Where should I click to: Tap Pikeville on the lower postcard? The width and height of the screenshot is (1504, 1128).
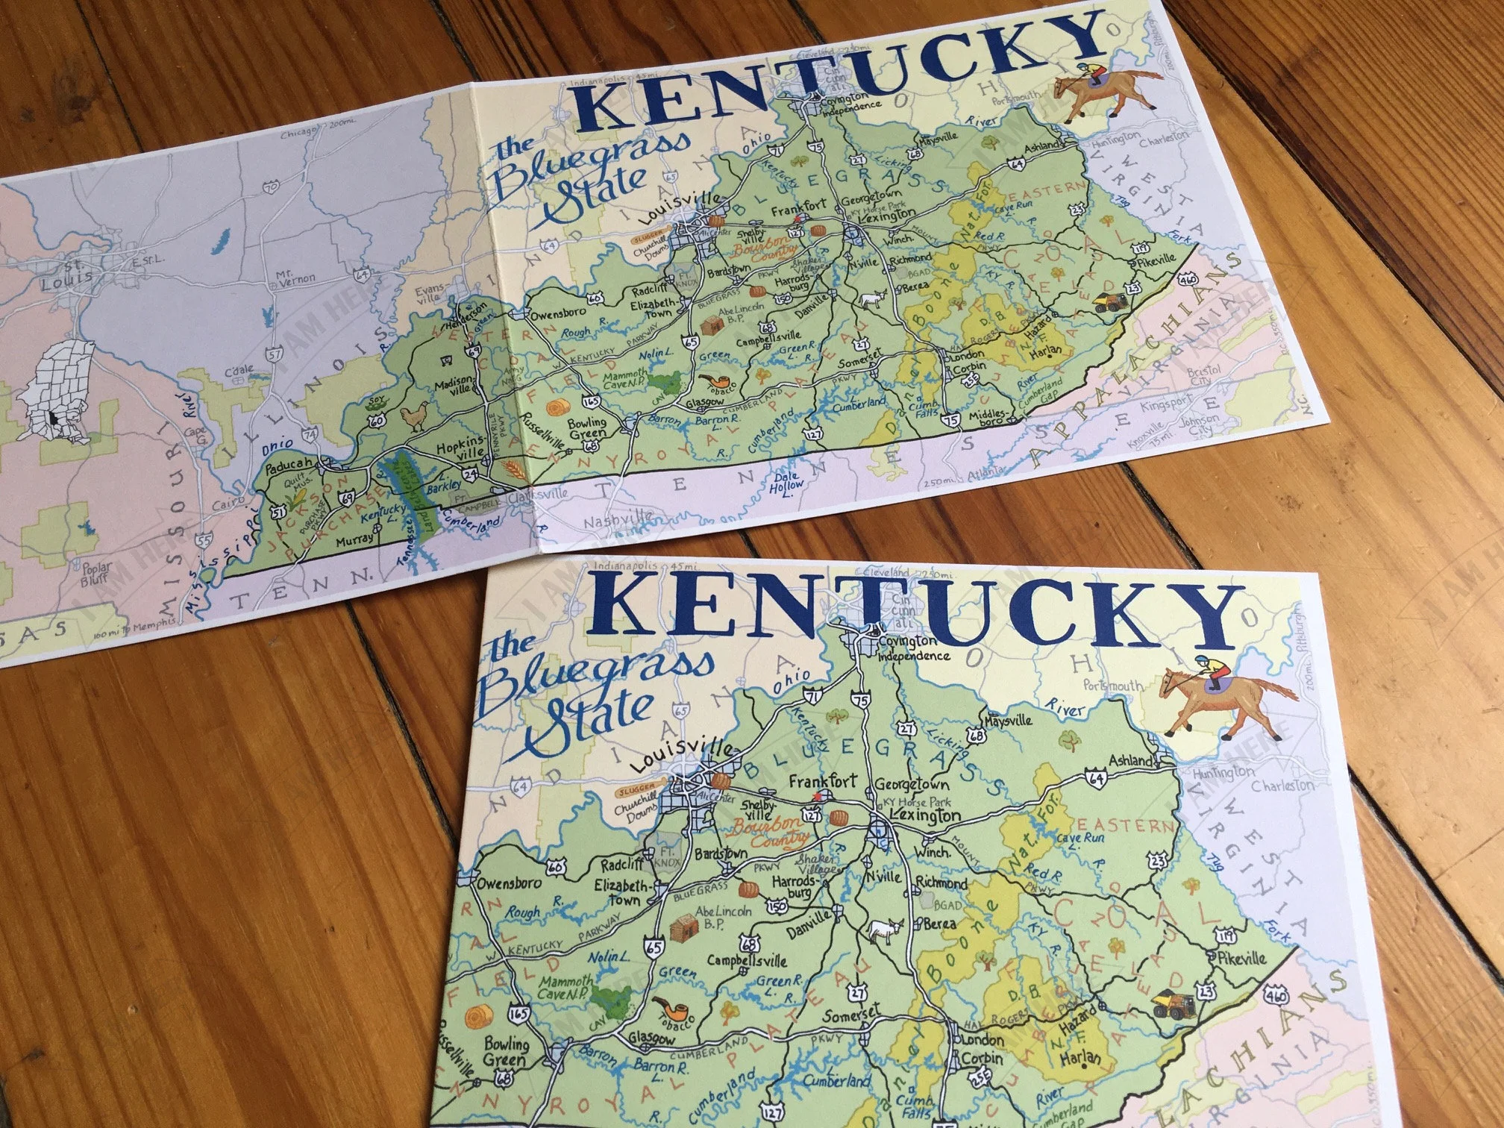tap(1240, 957)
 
